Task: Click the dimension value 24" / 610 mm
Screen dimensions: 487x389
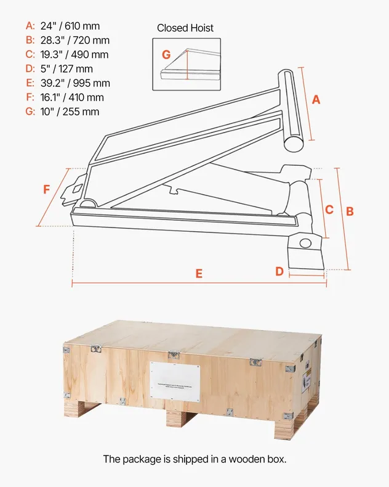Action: [70, 27]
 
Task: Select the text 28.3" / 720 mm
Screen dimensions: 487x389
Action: [74, 41]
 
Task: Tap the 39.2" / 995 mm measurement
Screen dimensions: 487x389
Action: [75, 83]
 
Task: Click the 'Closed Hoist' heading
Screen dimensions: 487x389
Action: [185, 28]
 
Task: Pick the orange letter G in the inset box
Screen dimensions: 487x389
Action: [166, 54]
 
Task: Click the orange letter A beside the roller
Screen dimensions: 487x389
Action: [316, 99]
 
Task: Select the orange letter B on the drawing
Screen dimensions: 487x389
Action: [350, 211]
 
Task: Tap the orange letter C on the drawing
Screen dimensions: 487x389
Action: [329, 210]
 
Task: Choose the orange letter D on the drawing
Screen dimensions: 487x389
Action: [279, 271]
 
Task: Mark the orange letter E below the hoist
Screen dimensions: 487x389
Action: [199, 274]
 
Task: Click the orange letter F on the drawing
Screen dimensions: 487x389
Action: [47, 190]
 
